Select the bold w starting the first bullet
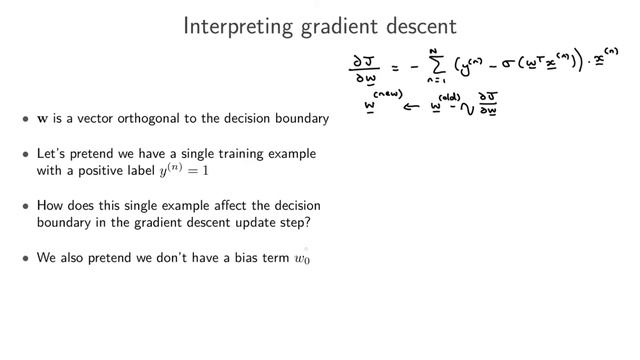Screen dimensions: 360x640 click(x=41, y=119)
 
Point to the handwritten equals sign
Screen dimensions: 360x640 click(x=396, y=69)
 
